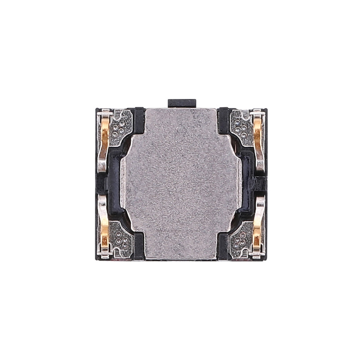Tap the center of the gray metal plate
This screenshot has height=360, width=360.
point(180,182)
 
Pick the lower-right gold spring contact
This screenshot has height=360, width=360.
point(257,229)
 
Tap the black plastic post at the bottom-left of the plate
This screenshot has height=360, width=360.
point(138,247)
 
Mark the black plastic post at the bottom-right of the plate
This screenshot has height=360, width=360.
point(223,247)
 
